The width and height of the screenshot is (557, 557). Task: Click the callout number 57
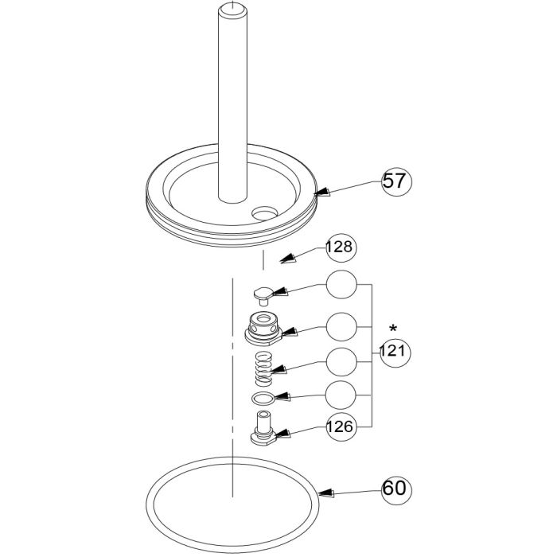395,181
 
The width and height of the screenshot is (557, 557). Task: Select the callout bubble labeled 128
341,248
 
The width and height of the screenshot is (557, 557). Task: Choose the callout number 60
395,486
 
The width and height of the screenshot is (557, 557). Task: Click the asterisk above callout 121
392,328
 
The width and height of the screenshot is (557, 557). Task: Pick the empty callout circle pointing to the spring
341,362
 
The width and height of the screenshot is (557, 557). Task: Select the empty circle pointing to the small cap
341,284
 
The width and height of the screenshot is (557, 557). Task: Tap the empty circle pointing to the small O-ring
341,394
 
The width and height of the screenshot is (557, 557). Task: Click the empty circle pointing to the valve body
341,325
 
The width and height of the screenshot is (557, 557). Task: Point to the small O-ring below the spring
263,398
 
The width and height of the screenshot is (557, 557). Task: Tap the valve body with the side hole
263,329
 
